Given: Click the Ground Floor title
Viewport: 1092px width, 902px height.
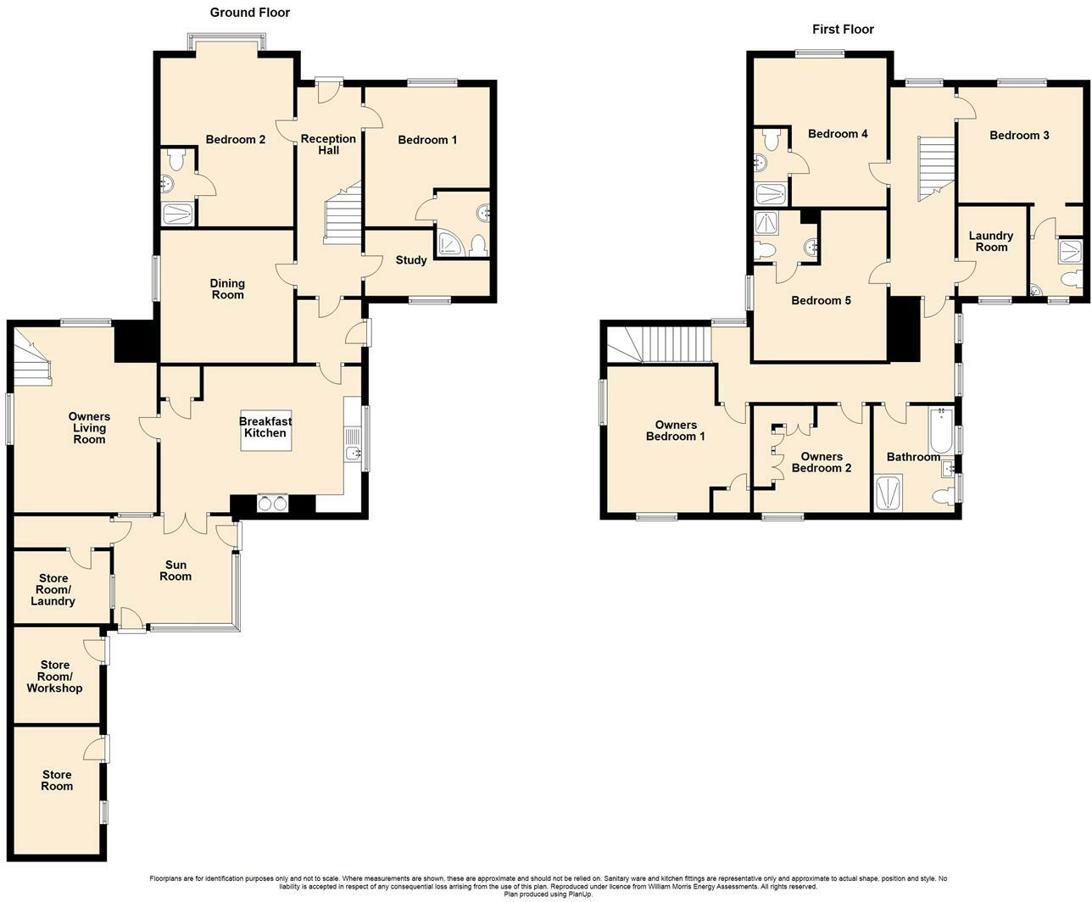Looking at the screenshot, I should [x=249, y=13].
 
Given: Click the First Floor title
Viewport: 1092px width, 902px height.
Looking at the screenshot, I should [x=843, y=29].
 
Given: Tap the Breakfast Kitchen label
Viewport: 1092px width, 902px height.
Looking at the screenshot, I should [x=265, y=427].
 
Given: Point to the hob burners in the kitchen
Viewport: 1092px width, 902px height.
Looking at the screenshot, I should [x=273, y=504].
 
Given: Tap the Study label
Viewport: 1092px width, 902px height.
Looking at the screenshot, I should [x=411, y=260].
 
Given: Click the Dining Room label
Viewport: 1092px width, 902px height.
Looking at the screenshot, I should [x=227, y=289].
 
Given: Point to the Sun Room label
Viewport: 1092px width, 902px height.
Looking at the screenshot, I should [x=175, y=571].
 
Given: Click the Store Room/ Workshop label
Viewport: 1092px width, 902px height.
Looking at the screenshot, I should [x=54, y=676].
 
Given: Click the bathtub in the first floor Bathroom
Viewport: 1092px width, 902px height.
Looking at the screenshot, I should [x=940, y=431].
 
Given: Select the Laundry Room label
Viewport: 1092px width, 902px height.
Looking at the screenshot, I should [x=991, y=242].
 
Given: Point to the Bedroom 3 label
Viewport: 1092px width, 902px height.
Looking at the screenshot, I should [x=1019, y=136].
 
